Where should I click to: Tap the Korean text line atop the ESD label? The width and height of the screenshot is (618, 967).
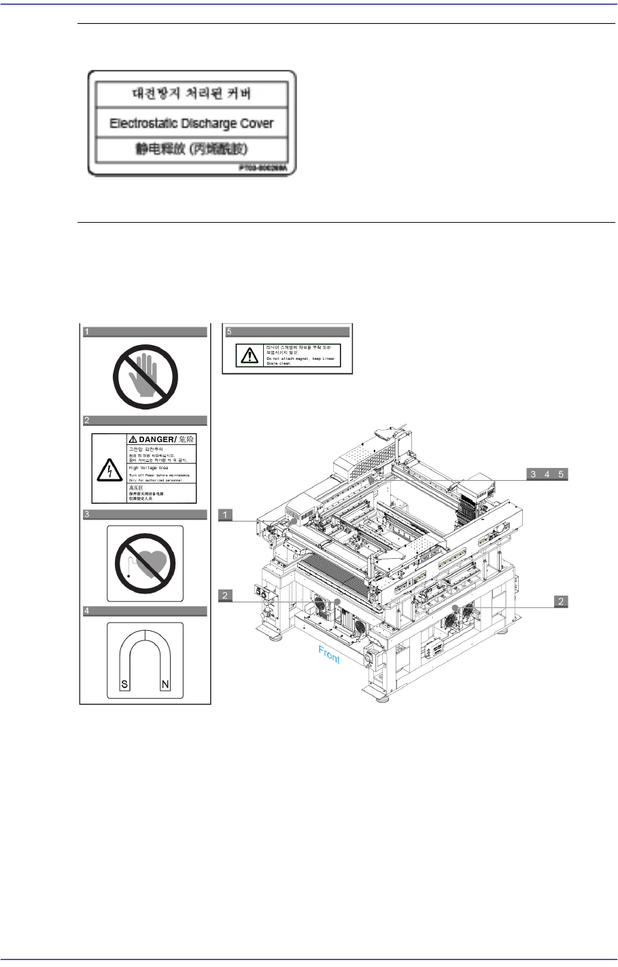192,94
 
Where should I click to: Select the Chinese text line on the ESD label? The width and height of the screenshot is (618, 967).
191,149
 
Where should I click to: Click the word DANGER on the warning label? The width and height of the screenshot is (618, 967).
156,439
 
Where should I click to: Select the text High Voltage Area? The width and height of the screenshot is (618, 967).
149,468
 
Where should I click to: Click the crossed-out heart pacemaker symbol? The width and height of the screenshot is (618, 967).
145,563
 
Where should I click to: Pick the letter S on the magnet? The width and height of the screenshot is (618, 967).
124,685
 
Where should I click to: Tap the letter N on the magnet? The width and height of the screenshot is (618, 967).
165,685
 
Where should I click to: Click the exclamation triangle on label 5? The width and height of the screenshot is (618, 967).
250,355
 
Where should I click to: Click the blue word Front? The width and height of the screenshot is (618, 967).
329,655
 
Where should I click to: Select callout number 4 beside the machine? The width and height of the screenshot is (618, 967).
547,475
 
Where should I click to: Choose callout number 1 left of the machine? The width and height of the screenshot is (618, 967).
226,515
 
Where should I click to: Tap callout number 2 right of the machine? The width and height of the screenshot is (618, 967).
561,601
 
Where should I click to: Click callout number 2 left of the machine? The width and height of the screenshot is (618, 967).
226,596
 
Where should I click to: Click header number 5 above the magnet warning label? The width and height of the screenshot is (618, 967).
229,332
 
